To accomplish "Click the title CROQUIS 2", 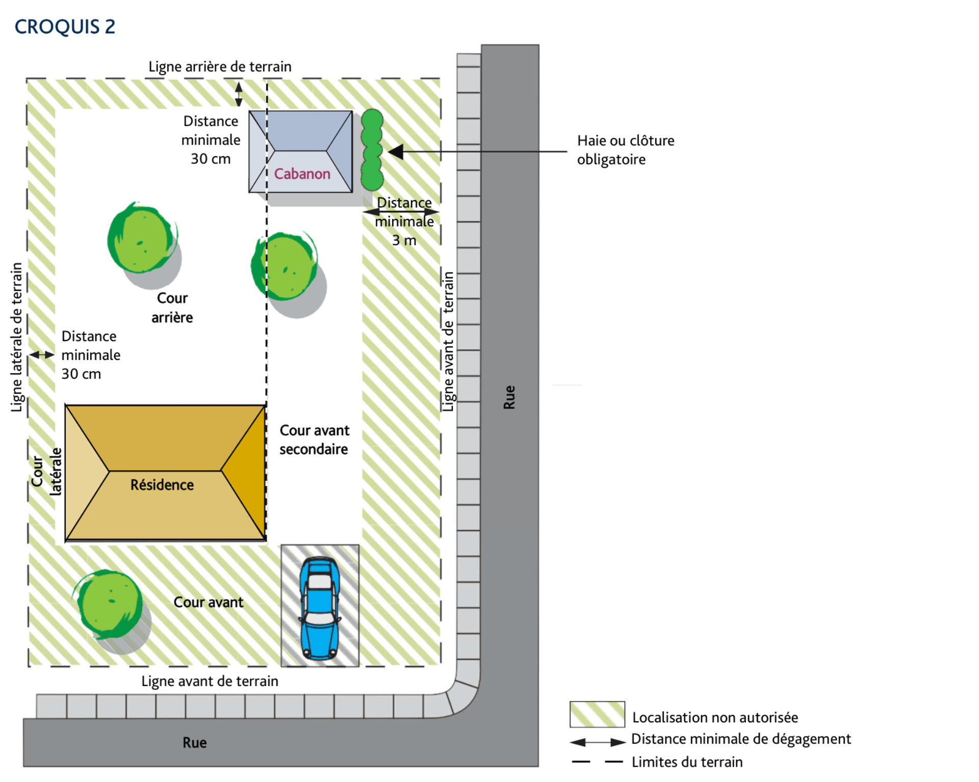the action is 65,27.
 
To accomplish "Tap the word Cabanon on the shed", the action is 302,174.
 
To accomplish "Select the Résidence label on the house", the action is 162,484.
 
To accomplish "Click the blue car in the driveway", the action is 320,608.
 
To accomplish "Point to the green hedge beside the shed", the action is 372,150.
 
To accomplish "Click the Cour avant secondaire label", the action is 314,439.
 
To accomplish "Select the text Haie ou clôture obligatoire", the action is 626,150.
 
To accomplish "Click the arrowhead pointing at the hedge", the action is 396,152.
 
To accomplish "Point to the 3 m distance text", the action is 404,240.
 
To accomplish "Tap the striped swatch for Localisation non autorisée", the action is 597,714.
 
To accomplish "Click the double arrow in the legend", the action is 598,742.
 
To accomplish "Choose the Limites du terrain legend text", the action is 687,762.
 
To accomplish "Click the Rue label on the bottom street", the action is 195,743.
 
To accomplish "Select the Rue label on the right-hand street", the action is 509,397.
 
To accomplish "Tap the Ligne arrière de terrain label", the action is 220,67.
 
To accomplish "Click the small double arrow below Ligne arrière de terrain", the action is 239,93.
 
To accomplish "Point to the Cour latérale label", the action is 46,471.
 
